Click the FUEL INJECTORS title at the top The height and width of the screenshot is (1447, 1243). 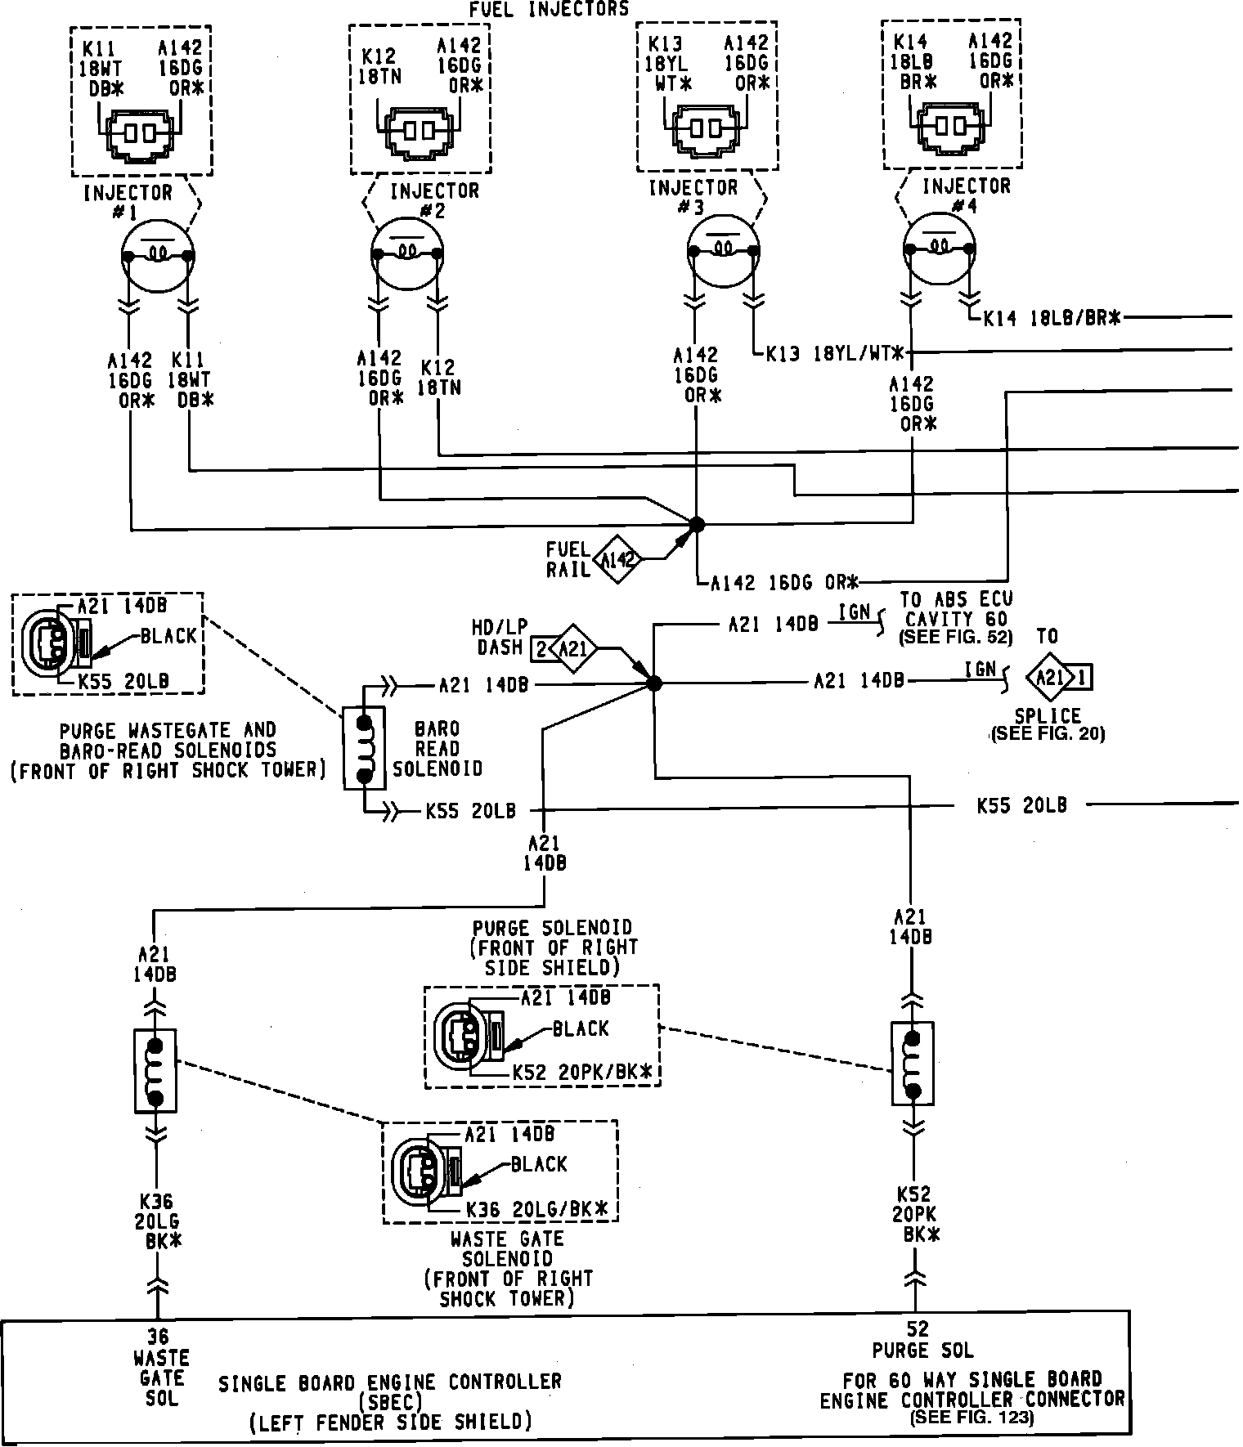(x=549, y=9)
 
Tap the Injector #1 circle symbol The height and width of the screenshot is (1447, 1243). (x=158, y=255)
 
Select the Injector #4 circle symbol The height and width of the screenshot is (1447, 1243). (x=939, y=249)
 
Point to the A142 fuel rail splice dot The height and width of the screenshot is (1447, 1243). (x=696, y=524)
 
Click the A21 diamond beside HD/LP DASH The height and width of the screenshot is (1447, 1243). (x=573, y=649)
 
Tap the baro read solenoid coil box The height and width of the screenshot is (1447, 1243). (x=364, y=747)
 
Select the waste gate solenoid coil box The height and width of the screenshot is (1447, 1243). (x=155, y=1071)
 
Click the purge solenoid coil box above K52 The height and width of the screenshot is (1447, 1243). (x=913, y=1064)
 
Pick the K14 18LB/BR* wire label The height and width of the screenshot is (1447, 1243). (x=1051, y=319)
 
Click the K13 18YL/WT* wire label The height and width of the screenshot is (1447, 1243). (x=835, y=354)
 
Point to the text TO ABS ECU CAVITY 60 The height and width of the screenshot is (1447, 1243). (x=956, y=609)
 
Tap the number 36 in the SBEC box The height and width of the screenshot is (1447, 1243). (x=157, y=1336)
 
